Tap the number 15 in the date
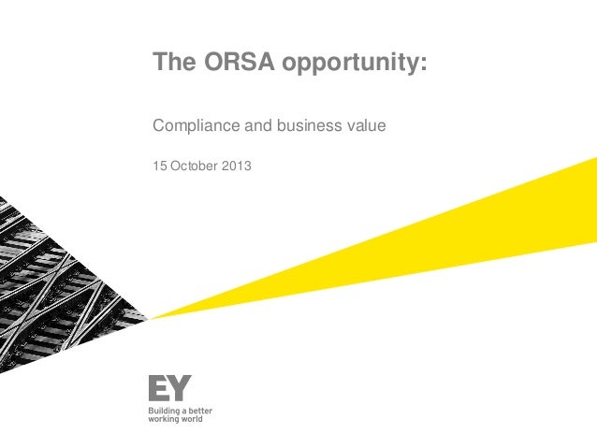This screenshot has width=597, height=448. pyautogui.click(x=159, y=166)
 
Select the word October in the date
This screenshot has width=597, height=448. pyautogui.click(x=194, y=166)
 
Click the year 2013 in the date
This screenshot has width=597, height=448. pyautogui.click(x=238, y=166)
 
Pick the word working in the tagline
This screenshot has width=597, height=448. pyautogui.click(x=164, y=419)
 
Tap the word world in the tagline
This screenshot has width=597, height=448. pyautogui.click(x=192, y=419)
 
